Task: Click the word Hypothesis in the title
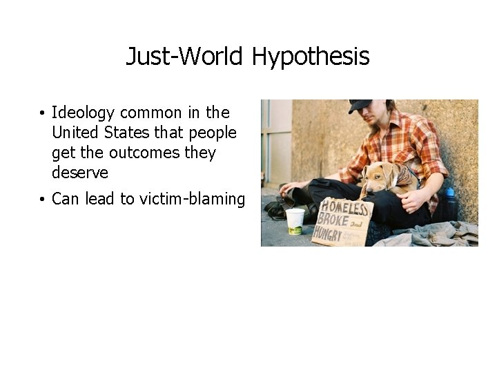[311, 57]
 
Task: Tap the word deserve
[80, 172]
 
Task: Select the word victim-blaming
[192, 199]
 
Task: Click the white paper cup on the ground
[295, 220]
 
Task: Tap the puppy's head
[376, 177]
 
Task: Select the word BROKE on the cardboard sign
[330, 220]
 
